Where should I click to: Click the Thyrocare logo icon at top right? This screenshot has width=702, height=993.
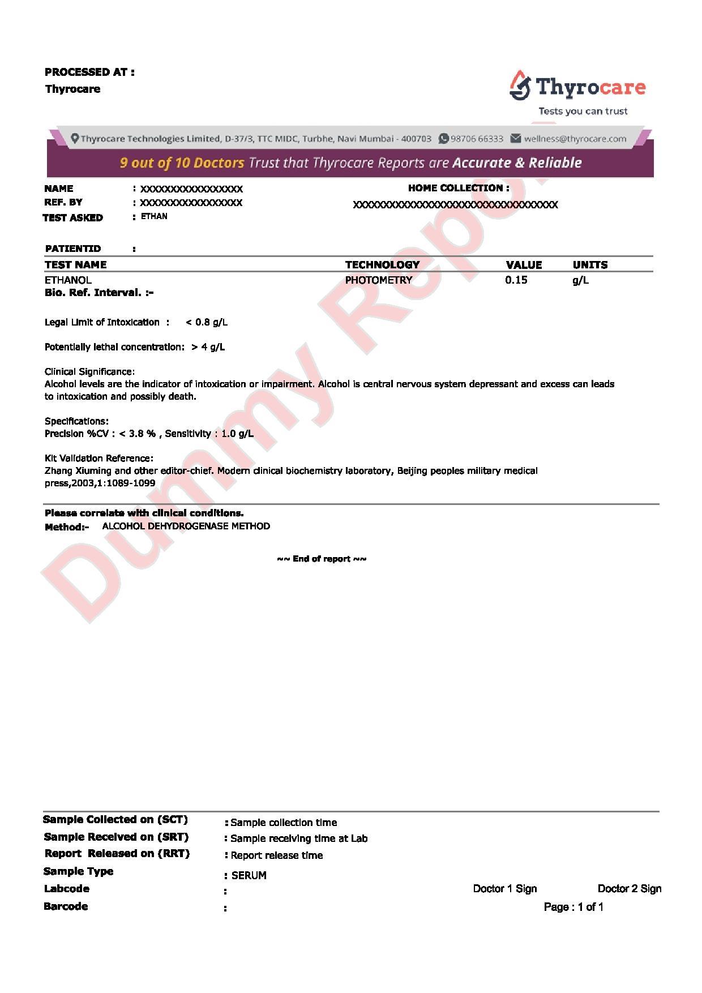tap(520, 85)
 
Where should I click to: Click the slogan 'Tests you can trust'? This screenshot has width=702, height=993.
tap(583, 111)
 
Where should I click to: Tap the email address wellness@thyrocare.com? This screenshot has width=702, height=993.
tap(575, 139)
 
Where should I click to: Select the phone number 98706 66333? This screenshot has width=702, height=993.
tap(477, 139)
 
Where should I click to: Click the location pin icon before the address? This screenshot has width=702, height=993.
tap(75, 139)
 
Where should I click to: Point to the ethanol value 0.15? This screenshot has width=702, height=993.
tap(516, 280)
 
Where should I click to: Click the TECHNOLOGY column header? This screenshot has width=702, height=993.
tap(382, 264)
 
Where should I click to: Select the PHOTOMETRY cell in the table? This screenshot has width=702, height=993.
tap(378, 280)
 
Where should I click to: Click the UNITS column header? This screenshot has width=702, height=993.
tap(590, 264)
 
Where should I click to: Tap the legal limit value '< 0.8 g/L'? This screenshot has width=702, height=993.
tap(207, 322)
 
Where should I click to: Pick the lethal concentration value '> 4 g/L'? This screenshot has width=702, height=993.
tap(208, 347)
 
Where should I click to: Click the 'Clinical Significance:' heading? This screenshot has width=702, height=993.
tap(89, 372)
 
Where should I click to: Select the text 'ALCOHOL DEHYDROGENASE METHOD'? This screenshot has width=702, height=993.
tap(186, 526)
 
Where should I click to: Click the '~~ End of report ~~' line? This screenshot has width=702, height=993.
tap(322, 559)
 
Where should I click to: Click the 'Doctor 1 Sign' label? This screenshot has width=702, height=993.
tap(504, 889)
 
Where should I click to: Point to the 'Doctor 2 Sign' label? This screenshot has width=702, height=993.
tap(629, 889)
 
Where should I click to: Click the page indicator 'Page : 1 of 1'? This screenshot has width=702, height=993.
tap(573, 907)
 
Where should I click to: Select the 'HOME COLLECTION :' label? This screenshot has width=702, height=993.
tap(458, 188)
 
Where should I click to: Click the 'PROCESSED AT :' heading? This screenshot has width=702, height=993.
tap(89, 72)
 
